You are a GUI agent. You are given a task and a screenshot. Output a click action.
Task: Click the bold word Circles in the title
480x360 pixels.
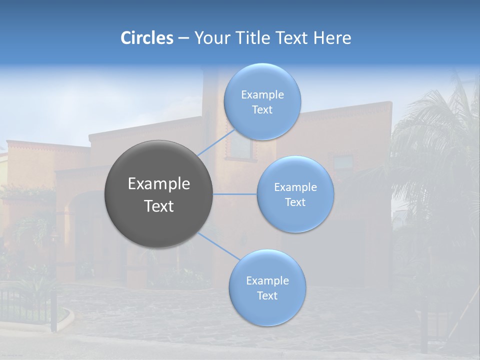pyautogui.click(x=147, y=38)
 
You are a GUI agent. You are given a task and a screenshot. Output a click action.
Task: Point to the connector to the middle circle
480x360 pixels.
pyautogui.click(x=235, y=194)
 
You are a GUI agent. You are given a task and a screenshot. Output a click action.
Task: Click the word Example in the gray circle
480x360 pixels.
pyautogui.click(x=159, y=184)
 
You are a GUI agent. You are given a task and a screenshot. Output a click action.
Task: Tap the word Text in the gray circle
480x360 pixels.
pyautogui.click(x=159, y=206)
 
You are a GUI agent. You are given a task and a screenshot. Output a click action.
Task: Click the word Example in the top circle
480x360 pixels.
pyautogui.click(x=262, y=94)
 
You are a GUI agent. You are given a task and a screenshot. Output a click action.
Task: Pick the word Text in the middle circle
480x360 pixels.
pyautogui.click(x=295, y=202)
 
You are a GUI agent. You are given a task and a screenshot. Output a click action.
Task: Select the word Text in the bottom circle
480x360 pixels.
pyautogui.click(x=267, y=295)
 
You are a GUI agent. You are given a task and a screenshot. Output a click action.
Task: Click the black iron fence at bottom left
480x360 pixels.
pyautogui.click(x=25, y=305)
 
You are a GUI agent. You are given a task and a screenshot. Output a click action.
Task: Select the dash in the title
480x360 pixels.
pyautogui.click(x=183, y=38)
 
